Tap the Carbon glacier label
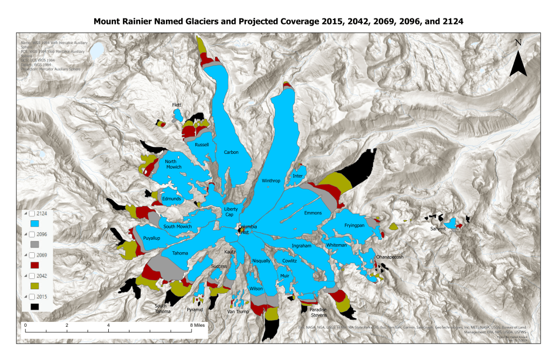[x=231, y=152]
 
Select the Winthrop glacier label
[x=270, y=181]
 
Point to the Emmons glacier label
[x=313, y=213]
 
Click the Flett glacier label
[x=176, y=104]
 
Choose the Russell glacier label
[x=202, y=145]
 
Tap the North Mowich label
[x=174, y=164]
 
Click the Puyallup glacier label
[x=152, y=238]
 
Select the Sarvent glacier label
[x=438, y=229]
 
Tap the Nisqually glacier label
[x=261, y=261]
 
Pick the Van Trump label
[x=238, y=312]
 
